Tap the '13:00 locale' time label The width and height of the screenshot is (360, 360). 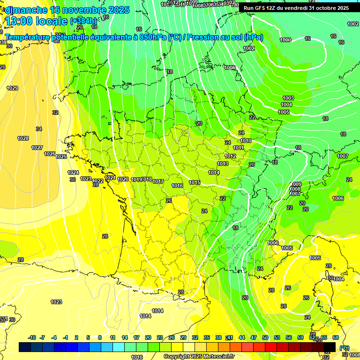click(36, 21)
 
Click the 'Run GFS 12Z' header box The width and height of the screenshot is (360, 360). click(296, 8)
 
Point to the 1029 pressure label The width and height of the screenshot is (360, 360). click(12, 89)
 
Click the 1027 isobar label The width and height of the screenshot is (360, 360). click(37, 148)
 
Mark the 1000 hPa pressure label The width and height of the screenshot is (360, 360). click(285, 40)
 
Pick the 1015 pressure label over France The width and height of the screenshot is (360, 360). click(195, 182)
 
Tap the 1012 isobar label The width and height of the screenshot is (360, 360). click(230, 156)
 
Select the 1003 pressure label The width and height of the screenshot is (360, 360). click(288, 98)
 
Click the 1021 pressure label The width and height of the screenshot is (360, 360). click(110, 178)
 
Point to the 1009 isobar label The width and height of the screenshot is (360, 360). click(295, 184)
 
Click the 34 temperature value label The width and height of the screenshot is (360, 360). click(39, 129)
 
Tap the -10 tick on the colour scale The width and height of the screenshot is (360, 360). click(32, 337)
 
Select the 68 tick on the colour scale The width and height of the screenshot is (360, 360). click(336, 337)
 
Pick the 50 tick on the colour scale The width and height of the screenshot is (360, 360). click(265, 337)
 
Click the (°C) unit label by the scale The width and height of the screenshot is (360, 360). click(345, 348)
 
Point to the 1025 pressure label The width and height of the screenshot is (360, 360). click(61, 157)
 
